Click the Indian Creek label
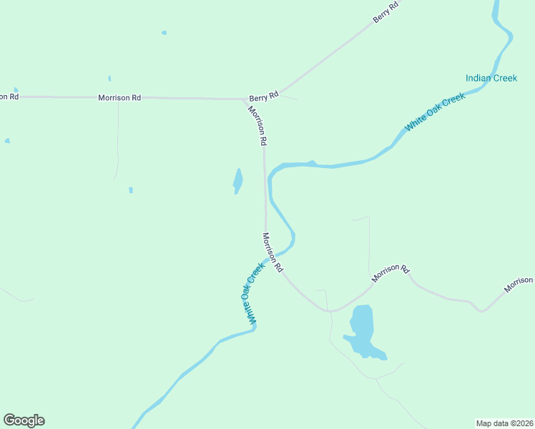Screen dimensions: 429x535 click(491, 78)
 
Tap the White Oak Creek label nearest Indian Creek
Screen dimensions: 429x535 click(435, 111)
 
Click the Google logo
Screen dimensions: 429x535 click(24, 420)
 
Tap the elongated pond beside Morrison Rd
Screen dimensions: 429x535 click(237, 180)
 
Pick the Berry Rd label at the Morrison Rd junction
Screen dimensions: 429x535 click(262, 97)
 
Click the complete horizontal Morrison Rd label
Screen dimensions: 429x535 click(119, 97)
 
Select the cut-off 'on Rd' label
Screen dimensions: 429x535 click(9, 96)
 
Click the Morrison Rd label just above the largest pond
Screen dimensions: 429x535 click(390, 272)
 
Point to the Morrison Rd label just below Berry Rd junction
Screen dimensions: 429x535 click(258, 126)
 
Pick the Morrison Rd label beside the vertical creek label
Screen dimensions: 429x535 click(273, 253)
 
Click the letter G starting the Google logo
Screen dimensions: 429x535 click(9, 420)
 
